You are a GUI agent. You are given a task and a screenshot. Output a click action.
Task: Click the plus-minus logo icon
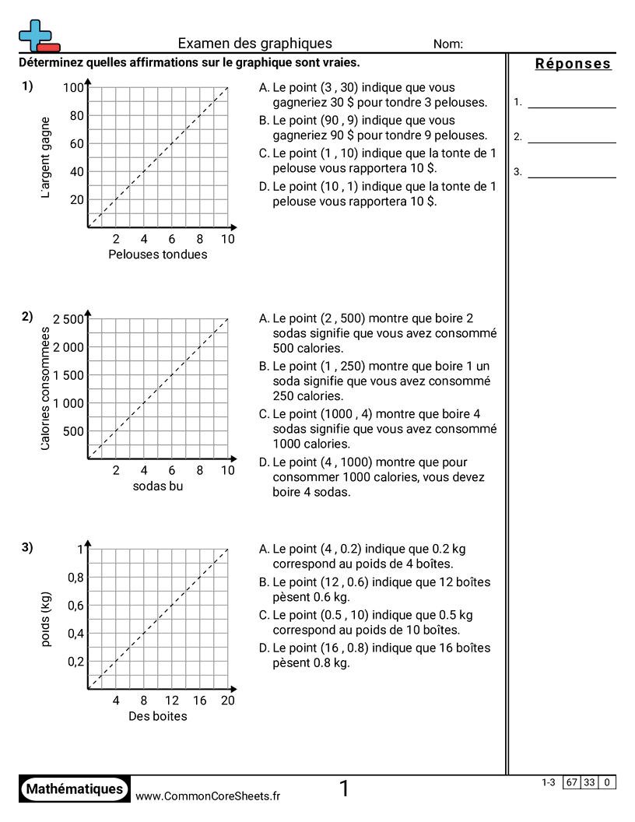pyautogui.click(x=38, y=36)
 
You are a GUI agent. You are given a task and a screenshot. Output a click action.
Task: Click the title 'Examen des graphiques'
pyautogui.click(x=254, y=44)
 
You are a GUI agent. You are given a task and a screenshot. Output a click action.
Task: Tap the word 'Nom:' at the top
pyautogui.click(x=448, y=44)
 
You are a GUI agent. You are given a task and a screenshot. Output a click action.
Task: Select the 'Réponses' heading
pyautogui.click(x=573, y=64)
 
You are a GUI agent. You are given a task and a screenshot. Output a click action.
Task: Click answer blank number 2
pyautogui.click(x=571, y=137)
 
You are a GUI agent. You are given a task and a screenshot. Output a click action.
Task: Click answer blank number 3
pyautogui.click(x=571, y=172)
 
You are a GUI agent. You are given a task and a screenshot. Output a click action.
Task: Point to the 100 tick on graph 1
pyautogui.click(x=73, y=88)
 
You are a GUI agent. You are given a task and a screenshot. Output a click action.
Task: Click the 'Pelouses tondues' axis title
pyautogui.click(x=158, y=255)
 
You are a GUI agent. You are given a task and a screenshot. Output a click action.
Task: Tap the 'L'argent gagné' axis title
pyautogui.click(x=46, y=157)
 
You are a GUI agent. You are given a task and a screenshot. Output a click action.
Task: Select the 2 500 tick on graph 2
pyautogui.click(x=68, y=319)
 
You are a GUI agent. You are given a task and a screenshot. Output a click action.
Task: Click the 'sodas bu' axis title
pyautogui.click(x=158, y=487)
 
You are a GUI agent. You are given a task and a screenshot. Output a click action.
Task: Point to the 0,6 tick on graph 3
pyautogui.click(x=75, y=606)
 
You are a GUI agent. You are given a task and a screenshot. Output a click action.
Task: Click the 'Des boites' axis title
pyautogui.click(x=158, y=716)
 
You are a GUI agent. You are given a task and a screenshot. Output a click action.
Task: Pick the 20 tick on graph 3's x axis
pyautogui.click(x=227, y=701)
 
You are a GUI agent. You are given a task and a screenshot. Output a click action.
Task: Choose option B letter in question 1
pyautogui.click(x=265, y=121)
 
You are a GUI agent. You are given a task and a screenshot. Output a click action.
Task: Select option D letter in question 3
pyautogui.click(x=265, y=648)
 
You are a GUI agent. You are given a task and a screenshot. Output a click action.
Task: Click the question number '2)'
pyautogui.click(x=27, y=316)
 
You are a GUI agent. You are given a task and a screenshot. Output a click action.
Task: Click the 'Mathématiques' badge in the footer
pyautogui.click(x=75, y=789)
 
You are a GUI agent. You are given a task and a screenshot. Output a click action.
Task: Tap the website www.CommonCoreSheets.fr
pyautogui.click(x=208, y=796)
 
